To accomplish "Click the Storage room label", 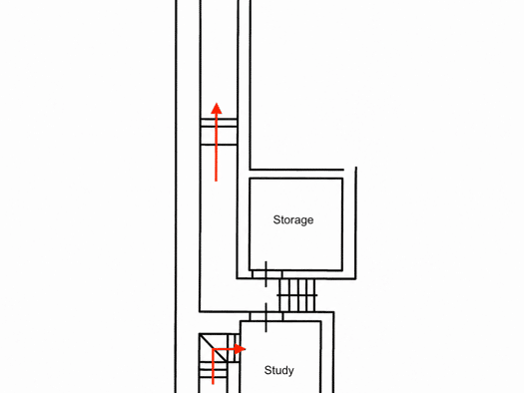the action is tap(293, 220).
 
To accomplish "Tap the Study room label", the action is tap(279, 370).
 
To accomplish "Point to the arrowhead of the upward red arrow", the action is tap(217, 109).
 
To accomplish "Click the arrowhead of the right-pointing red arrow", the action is tap(241, 349).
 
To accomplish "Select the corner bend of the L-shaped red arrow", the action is tap(214, 349).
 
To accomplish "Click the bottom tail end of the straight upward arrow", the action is tap(217, 182).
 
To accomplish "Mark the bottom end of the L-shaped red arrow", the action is tap(214, 384).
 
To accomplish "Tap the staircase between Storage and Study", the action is tap(297, 295).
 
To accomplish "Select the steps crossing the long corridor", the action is tap(219, 132).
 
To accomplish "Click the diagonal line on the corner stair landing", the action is tap(214, 348).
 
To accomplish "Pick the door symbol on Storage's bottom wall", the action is tap(266, 274).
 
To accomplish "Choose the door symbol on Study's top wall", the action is tap(266, 317).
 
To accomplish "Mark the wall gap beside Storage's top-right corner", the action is tap(349, 171).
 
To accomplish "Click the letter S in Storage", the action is tap(276, 219).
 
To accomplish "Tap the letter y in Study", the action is tap(290, 372).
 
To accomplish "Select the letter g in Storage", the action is tap(303, 221).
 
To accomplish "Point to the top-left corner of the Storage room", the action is tap(250, 179).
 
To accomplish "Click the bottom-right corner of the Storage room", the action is tap(342, 270).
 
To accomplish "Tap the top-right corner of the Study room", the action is tap(321, 321).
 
